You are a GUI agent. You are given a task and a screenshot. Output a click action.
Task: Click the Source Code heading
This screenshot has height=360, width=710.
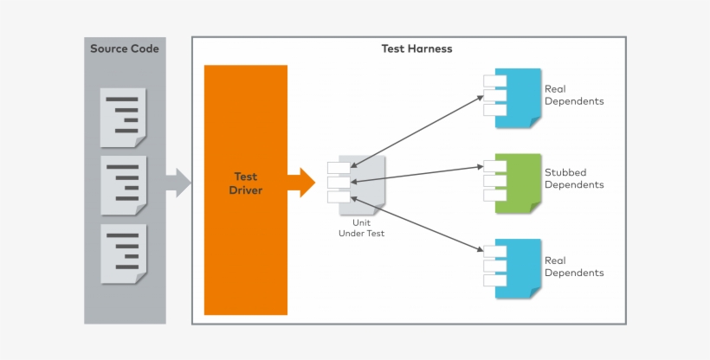coord(125,49)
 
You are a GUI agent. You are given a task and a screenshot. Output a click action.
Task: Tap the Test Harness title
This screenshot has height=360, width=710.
coord(416,49)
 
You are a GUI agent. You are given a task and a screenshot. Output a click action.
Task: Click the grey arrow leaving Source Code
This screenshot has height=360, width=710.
coord(178,182)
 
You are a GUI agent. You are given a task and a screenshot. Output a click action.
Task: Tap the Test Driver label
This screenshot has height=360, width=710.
coord(246,183)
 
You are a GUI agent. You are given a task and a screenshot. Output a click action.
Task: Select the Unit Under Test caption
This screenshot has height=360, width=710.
coord(361,228)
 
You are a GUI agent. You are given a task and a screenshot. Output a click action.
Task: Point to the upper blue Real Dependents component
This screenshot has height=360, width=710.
coord(517,98)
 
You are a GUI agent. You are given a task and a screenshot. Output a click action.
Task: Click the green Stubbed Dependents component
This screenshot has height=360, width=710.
coord(517,183)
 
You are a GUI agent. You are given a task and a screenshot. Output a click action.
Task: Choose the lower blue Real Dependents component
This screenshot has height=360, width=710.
coord(517,268)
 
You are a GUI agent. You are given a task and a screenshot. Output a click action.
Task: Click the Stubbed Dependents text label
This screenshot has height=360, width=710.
coord(574,179)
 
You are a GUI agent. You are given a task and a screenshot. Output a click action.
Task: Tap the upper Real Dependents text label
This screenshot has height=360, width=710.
coord(574,95)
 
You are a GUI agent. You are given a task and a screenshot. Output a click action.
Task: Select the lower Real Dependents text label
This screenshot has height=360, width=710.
coord(574,267)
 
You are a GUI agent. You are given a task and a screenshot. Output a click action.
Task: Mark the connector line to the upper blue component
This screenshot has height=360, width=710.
coord(417,130)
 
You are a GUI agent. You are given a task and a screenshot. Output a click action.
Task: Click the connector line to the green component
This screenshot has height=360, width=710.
coord(417,173)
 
